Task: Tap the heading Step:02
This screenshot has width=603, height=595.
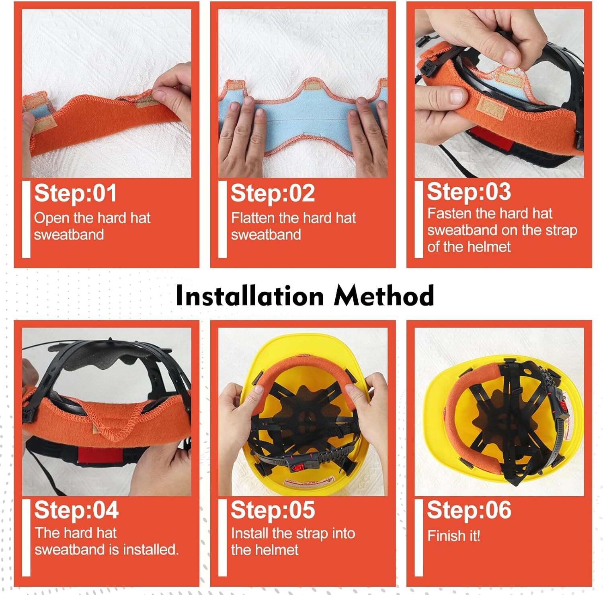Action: (x=272, y=194)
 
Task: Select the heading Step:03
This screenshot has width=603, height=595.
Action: (x=468, y=192)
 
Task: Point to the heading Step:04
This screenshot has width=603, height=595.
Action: (x=76, y=510)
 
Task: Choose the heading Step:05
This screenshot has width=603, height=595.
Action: (x=272, y=510)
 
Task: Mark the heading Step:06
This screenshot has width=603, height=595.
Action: (x=468, y=510)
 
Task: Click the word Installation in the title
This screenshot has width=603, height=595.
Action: (x=250, y=296)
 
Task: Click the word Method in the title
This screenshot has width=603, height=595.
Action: (x=384, y=296)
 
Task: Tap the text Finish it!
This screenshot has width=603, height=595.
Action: (x=453, y=536)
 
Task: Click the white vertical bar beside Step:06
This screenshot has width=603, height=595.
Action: (x=418, y=538)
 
